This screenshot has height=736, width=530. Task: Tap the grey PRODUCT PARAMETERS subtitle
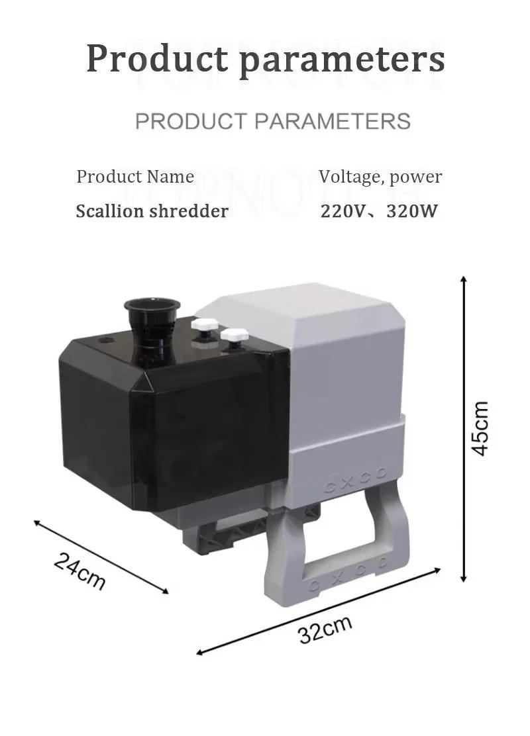(272, 121)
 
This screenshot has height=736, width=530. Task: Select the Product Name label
(135, 177)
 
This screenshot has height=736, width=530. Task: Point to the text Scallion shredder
(152, 211)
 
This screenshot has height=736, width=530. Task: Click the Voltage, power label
(380, 177)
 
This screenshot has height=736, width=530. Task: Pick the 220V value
(341, 211)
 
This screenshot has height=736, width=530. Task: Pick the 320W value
(410, 211)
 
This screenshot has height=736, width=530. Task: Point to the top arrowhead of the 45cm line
(464, 281)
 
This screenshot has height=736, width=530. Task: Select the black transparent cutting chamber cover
(172, 430)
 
